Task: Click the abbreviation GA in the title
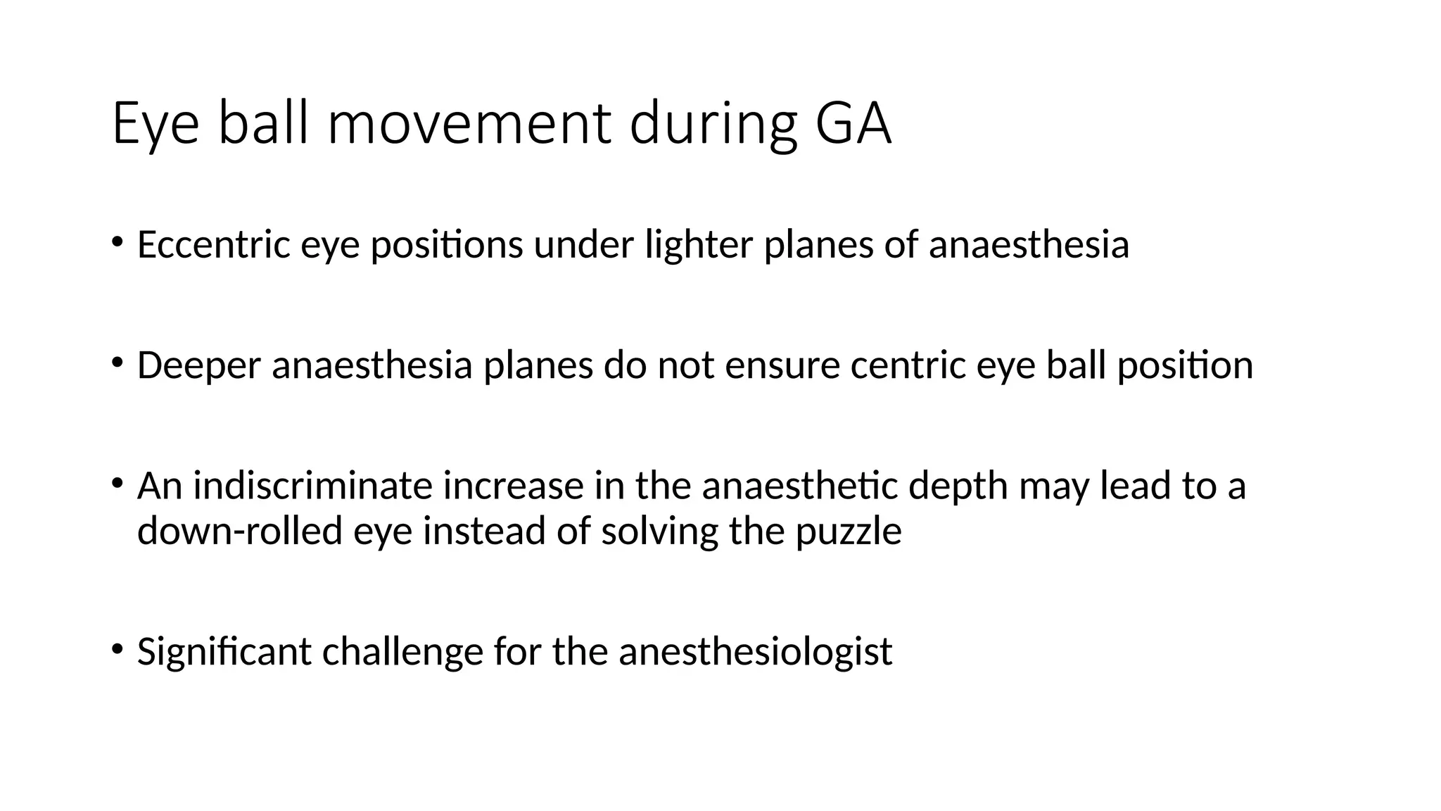tap(853, 124)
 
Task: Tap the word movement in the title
tap(469, 124)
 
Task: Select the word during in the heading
tap(713, 124)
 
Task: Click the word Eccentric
tap(213, 245)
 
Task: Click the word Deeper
tap(198, 365)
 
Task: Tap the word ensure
tap(782, 365)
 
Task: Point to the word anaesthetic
tap(799, 486)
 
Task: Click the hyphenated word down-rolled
tap(239, 531)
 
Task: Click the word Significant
tap(224, 652)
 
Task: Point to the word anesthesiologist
tap(755, 652)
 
